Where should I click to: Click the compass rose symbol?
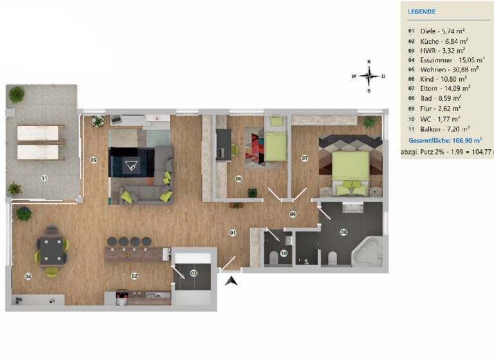(x=369, y=76)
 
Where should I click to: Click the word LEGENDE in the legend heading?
(x=422, y=12)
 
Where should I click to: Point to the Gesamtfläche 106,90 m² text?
(x=444, y=139)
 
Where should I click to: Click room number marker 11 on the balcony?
(x=44, y=177)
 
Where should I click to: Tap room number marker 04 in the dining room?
(x=28, y=276)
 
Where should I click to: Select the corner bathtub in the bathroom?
(x=368, y=251)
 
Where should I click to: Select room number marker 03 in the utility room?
(x=194, y=273)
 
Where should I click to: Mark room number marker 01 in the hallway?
(x=234, y=232)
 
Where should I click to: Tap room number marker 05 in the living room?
(x=93, y=159)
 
